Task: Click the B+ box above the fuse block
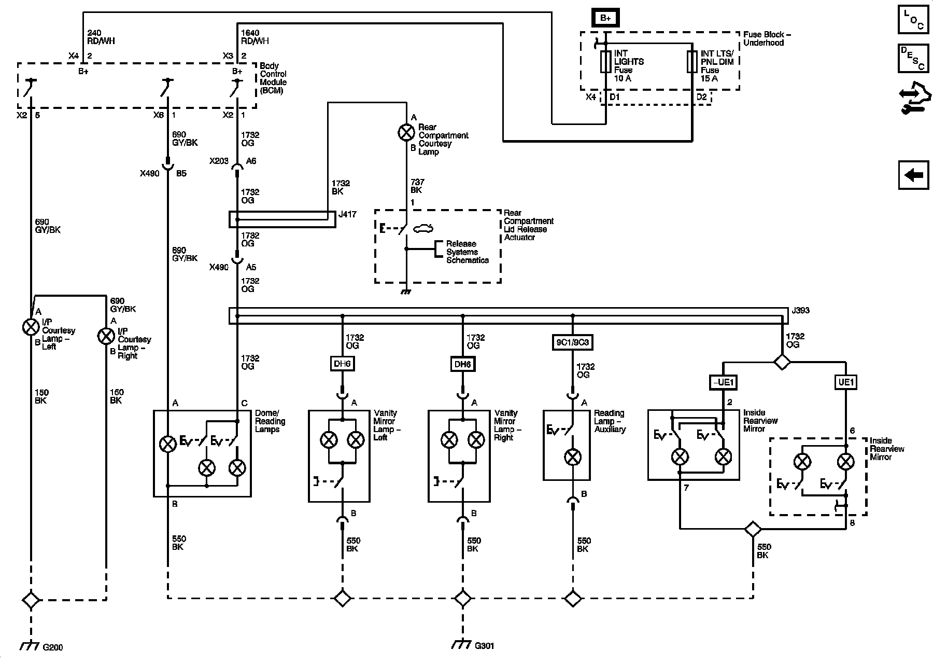click(x=605, y=18)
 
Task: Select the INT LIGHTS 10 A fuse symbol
click(x=605, y=61)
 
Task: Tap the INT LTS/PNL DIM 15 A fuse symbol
click(x=691, y=61)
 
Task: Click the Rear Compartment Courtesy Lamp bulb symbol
click(x=406, y=133)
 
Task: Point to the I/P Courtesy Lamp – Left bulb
click(x=31, y=327)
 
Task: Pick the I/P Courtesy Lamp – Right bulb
click(x=106, y=336)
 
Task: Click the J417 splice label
click(x=347, y=214)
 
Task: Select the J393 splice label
click(x=800, y=311)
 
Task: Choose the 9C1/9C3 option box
click(x=572, y=342)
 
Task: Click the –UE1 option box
click(x=723, y=383)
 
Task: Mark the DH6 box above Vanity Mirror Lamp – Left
click(x=342, y=364)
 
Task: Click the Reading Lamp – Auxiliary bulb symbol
click(x=572, y=457)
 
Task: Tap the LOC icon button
click(x=913, y=20)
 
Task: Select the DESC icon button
click(x=913, y=58)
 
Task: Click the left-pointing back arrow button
click(x=913, y=175)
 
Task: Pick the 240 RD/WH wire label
click(x=101, y=37)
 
